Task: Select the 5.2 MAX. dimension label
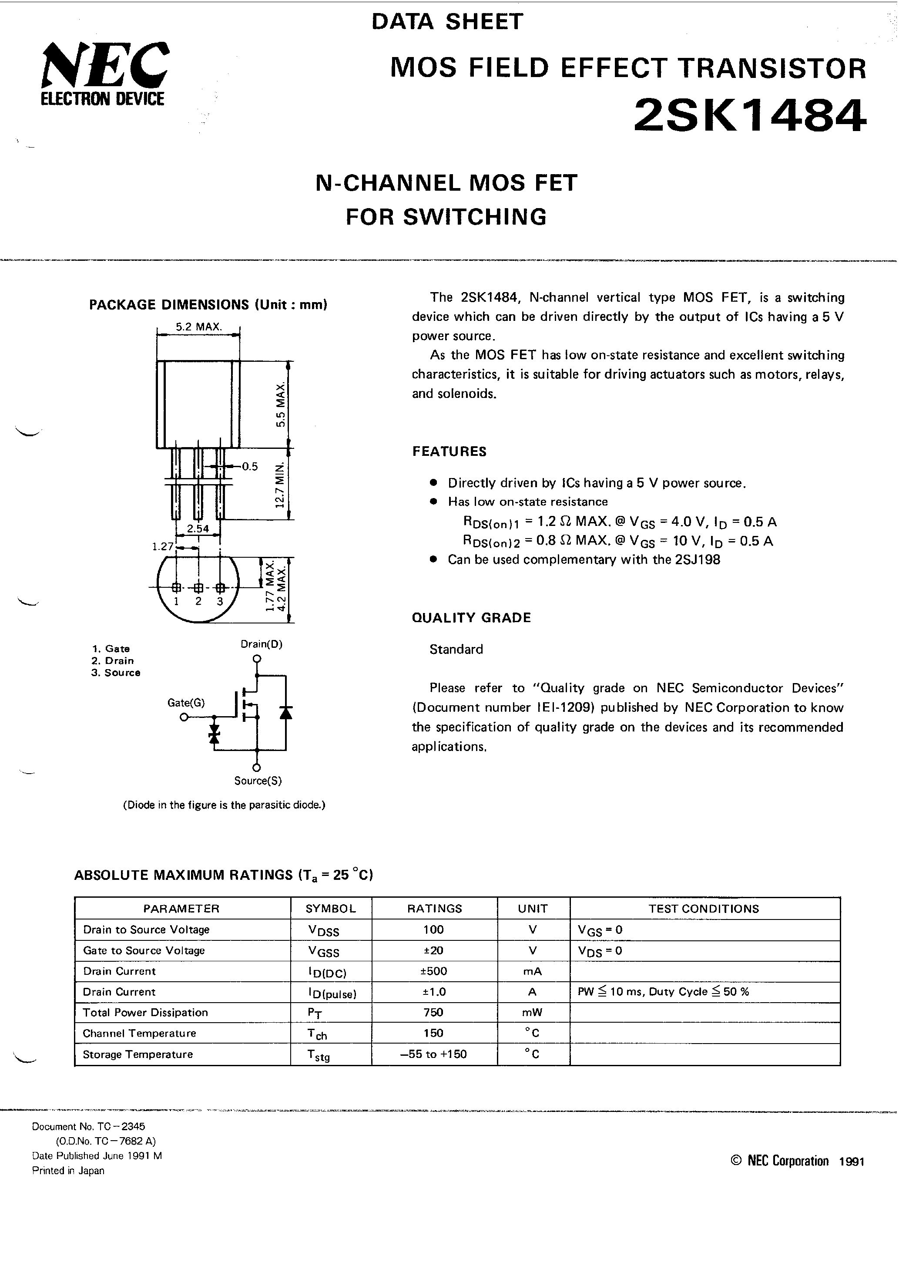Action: click(x=198, y=327)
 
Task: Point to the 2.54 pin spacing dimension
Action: click(x=198, y=529)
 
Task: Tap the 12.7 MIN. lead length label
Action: click(x=280, y=484)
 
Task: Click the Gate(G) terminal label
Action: click(x=186, y=703)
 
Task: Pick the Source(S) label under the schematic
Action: click(x=258, y=781)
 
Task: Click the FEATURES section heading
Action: click(x=449, y=451)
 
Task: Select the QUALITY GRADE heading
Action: click(x=471, y=618)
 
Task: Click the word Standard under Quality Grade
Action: click(x=456, y=649)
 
